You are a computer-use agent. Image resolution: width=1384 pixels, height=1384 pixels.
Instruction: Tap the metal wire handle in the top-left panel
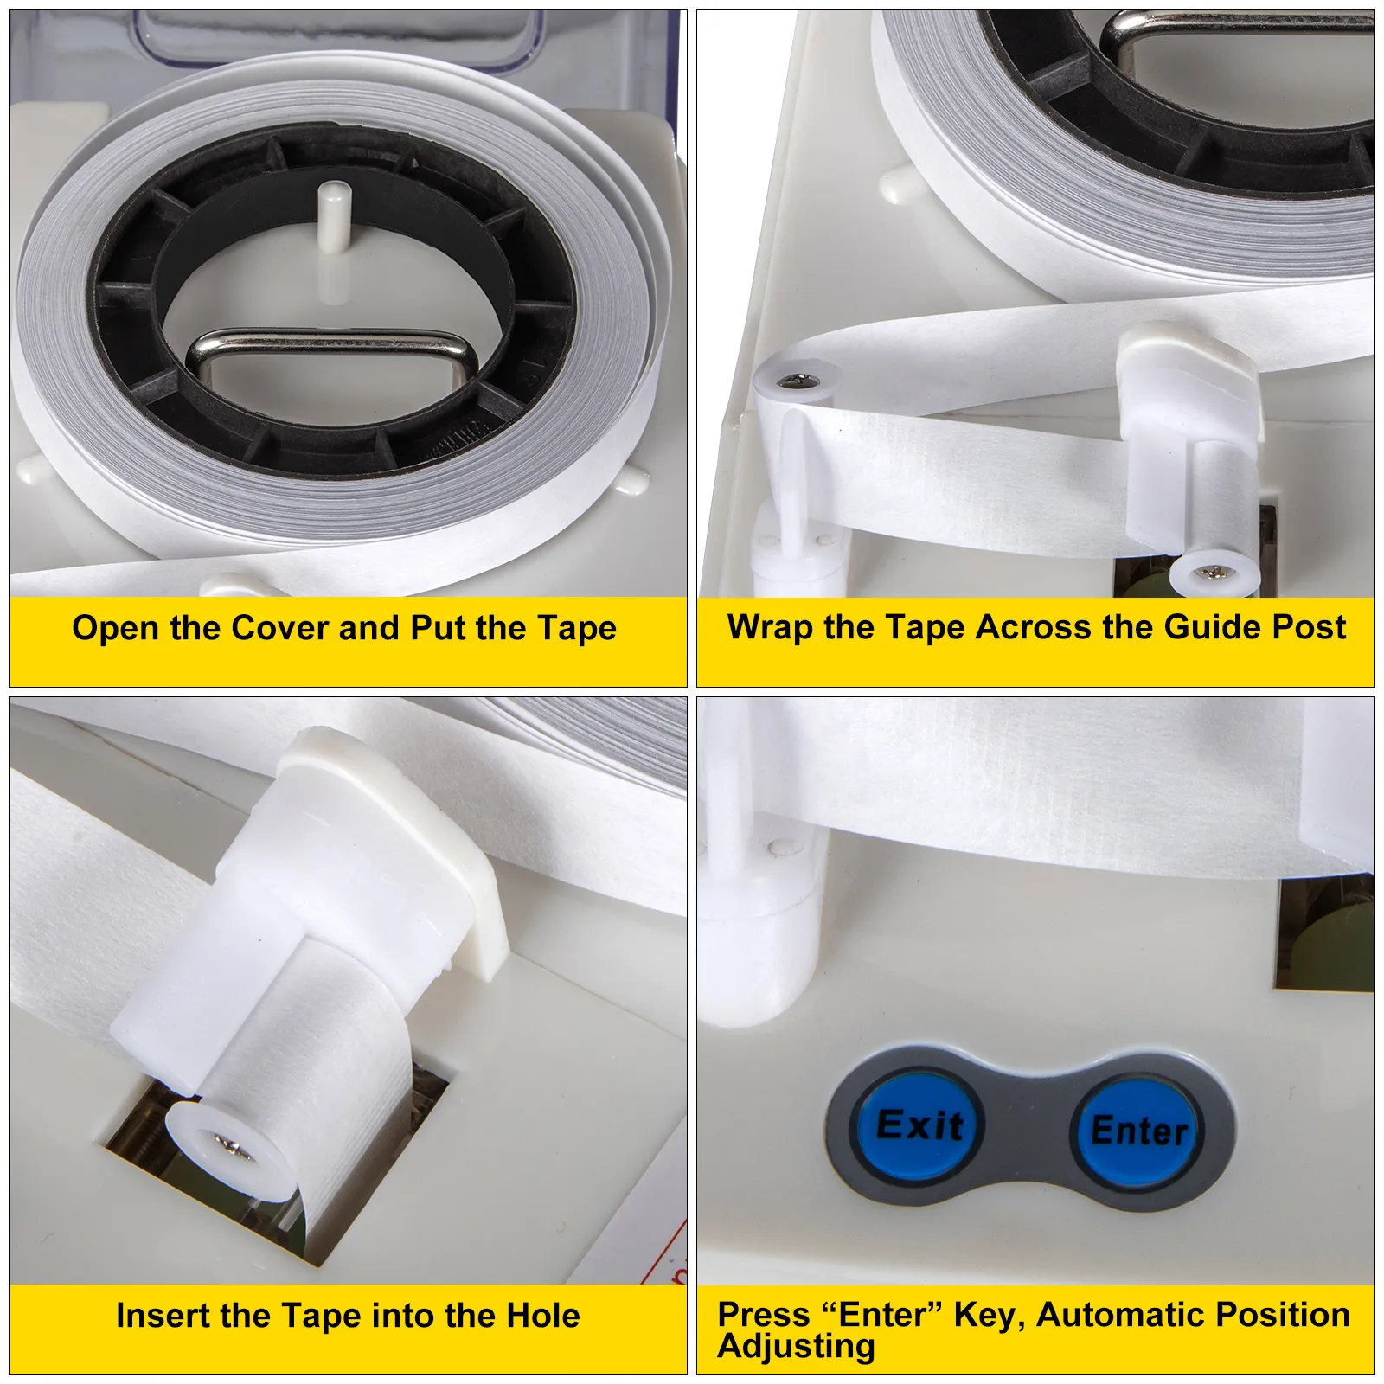(x=331, y=355)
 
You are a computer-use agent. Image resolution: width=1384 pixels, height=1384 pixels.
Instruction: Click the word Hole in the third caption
(x=543, y=1316)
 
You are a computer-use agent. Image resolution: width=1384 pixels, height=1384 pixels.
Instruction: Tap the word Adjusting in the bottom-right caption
(x=797, y=1347)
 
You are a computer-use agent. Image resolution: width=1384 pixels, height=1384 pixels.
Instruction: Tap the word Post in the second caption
(x=1310, y=627)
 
